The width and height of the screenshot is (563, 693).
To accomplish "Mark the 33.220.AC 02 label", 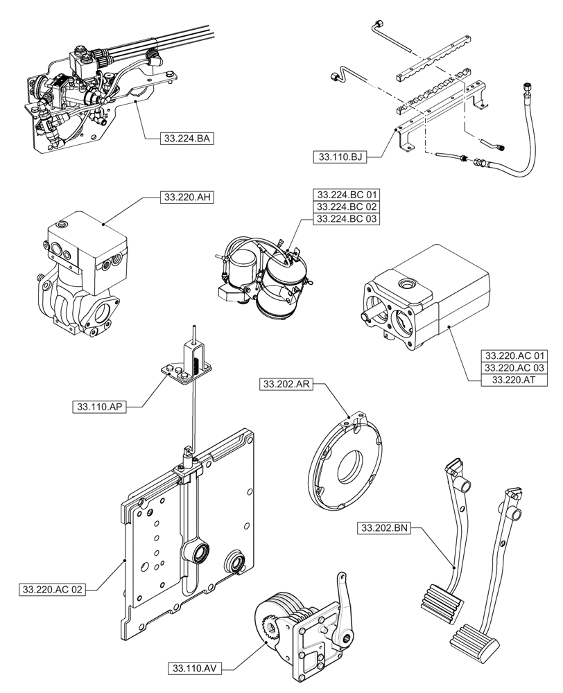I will [53, 590].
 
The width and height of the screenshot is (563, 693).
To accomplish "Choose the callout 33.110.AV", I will [193, 669].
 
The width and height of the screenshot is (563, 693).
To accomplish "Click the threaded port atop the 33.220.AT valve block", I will [405, 284].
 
